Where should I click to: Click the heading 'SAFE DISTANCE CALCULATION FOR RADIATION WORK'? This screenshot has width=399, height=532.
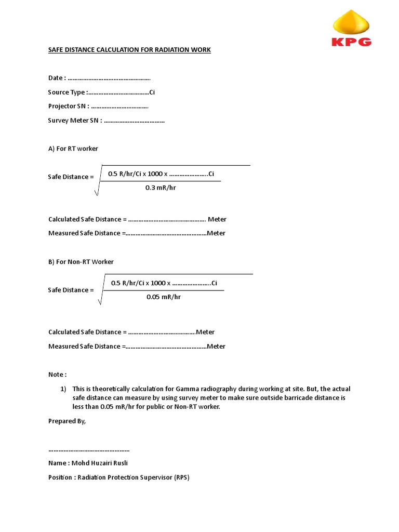[x=129, y=50]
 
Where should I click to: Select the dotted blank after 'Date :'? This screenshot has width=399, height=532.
[x=109, y=78]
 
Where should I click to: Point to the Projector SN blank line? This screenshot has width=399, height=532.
[x=119, y=107]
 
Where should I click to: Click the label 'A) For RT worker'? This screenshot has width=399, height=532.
[x=73, y=149]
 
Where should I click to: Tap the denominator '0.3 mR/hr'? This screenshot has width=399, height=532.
[x=161, y=188]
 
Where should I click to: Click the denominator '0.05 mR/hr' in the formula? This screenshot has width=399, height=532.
[x=164, y=297]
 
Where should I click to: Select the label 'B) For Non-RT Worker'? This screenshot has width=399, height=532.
[x=81, y=262]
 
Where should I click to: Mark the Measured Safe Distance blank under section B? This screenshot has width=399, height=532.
[x=166, y=347]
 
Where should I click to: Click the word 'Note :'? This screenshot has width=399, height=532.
[x=58, y=375]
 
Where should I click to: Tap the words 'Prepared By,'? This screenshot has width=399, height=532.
[x=67, y=421]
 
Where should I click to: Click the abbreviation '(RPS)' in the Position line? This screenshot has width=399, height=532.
[x=182, y=477]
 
